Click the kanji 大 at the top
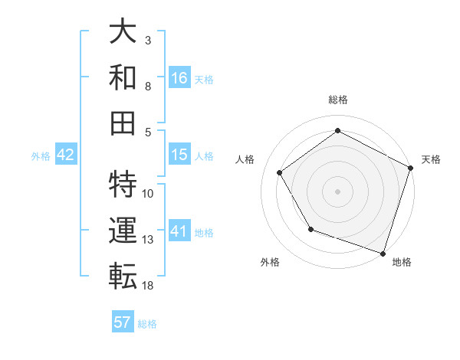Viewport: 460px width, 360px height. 123,33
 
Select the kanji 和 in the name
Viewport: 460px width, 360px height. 123,77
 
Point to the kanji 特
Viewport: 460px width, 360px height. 123,185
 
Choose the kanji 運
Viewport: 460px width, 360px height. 123,229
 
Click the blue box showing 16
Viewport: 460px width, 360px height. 179,77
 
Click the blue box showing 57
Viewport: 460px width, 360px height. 123,322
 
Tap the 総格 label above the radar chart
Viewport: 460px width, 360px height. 337,100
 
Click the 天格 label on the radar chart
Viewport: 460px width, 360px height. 432,159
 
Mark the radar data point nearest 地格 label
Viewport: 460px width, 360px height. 383,253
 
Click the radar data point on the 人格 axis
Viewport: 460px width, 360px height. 279,172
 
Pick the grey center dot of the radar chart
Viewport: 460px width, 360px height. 337,191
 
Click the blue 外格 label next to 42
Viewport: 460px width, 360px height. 41,156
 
